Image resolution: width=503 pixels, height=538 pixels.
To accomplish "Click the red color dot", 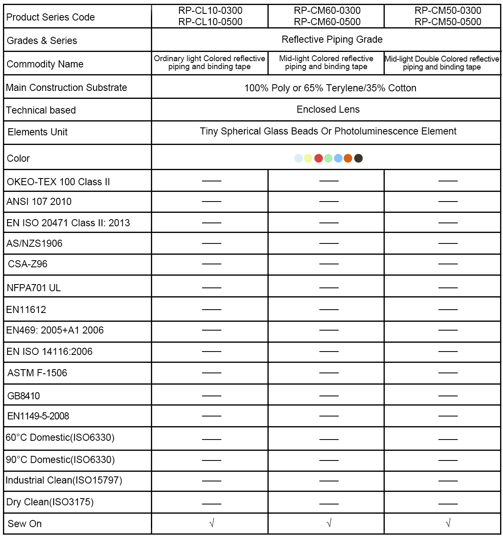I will tap(319, 158).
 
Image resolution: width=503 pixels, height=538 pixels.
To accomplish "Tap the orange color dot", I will tap(348, 158).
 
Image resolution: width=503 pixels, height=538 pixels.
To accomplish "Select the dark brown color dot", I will tap(358, 158).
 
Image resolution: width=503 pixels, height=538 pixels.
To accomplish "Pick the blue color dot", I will tap(338, 158).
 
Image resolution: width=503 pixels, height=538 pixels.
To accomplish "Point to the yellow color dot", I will tap(308, 158).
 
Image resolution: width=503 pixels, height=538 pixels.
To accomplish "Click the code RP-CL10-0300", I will tap(210, 11).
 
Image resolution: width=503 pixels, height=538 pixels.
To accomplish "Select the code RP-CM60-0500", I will tap(327, 22).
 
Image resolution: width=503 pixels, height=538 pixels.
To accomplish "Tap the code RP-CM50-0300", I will tap(448, 11).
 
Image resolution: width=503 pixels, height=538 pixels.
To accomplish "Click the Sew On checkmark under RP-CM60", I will tap(329, 523).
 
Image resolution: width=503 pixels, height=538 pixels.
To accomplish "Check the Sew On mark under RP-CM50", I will tap(448, 523).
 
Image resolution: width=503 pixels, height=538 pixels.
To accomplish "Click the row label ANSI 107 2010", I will tap(39, 202).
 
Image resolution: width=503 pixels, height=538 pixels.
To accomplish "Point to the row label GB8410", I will tap(23, 396).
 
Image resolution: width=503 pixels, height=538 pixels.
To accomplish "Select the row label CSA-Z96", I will tap(28, 264).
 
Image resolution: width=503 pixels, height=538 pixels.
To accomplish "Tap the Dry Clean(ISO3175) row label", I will tap(50, 502).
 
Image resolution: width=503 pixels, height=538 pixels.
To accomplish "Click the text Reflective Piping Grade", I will tap(332, 39).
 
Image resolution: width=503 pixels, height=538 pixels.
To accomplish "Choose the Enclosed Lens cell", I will tap(328, 109).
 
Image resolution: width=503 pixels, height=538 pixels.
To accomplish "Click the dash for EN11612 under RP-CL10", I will tap(211, 310).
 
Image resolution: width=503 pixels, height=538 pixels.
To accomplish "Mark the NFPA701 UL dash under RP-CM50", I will tap(448, 288).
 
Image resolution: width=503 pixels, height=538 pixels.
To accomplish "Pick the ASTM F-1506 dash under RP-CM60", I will tap(329, 372).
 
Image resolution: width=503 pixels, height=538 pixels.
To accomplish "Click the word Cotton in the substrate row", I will tap(402, 88).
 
